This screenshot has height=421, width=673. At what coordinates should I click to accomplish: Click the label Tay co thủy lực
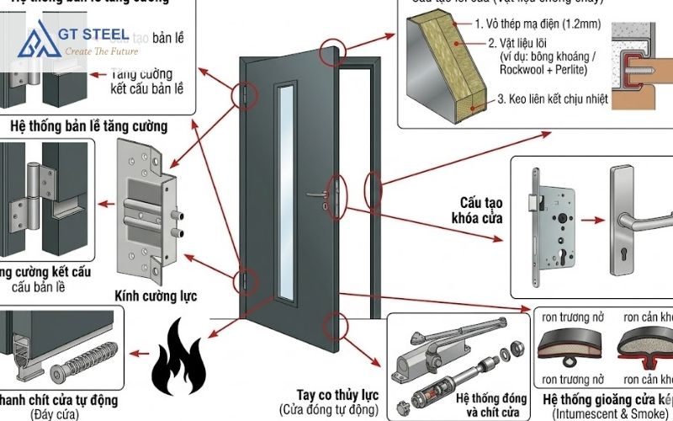(x=336, y=395)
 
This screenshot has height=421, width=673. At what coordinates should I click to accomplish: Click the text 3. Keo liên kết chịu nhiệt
(x=576, y=99)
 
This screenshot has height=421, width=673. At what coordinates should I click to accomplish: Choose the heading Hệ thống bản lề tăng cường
(x=88, y=126)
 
